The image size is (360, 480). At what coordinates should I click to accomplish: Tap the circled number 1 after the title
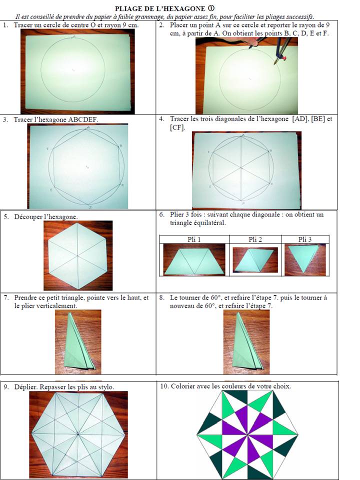(x=210, y=8)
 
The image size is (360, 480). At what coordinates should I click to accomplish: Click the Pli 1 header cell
(x=194, y=239)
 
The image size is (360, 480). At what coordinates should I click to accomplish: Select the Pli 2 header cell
(x=255, y=239)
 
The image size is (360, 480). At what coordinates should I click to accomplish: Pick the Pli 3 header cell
(x=305, y=239)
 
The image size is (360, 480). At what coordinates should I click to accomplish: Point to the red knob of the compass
(x=284, y=57)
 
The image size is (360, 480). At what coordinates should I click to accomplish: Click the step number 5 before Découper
(x=5, y=216)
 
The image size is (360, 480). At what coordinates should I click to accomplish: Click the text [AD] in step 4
(x=300, y=119)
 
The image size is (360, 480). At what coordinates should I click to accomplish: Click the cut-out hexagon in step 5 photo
(x=78, y=255)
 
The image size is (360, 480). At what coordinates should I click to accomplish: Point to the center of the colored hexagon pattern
(x=247, y=434)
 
